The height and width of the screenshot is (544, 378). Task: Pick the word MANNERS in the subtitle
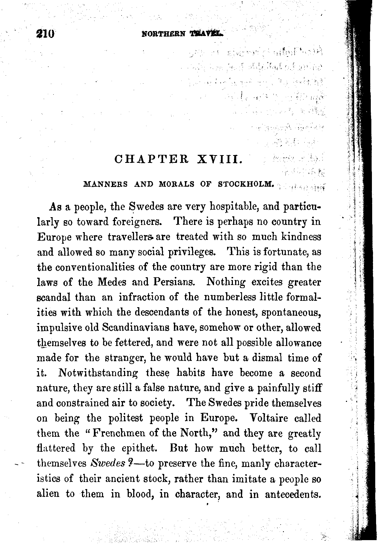pos(106,184)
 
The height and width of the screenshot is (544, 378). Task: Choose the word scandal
pos(53,297)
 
